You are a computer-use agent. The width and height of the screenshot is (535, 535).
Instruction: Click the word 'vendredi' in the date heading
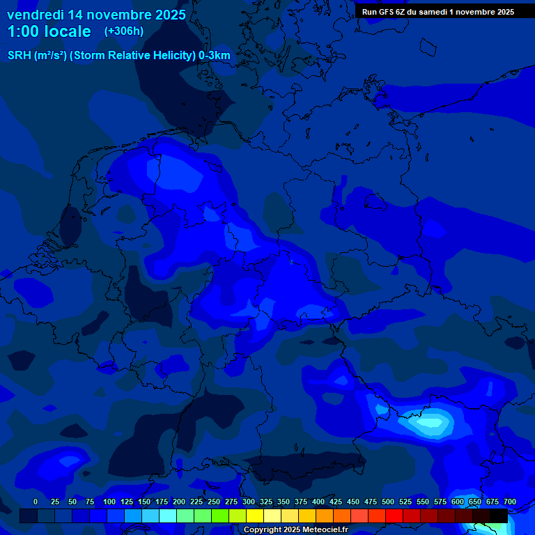click(x=35, y=15)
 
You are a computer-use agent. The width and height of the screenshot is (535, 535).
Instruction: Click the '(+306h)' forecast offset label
click(x=123, y=31)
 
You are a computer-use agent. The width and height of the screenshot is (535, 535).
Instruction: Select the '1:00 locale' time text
click(x=49, y=31)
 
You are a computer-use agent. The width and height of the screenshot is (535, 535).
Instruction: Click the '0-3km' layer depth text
click(x=215, y=56)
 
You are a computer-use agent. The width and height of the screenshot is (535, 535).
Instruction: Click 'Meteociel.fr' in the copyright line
click(x=321, y=530)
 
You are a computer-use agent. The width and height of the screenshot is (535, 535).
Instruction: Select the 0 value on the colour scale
click(x=36, y=502)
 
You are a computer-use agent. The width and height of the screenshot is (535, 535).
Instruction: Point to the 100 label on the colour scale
click(x=109, y=502)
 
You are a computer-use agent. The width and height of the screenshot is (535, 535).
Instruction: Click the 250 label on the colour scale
click(x=214, y=502)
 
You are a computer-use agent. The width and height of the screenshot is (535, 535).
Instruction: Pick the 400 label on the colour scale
click(x=318, y=502)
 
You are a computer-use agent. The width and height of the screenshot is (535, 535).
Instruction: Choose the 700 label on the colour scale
click(x=510, y=502)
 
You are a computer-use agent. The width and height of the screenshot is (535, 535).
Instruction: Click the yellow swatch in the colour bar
click(x=255, y=515)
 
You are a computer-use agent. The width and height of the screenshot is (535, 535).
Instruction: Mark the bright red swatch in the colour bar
click(x=394, y=515)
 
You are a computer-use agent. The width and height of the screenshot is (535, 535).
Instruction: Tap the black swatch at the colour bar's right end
click(x=499, y=515)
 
